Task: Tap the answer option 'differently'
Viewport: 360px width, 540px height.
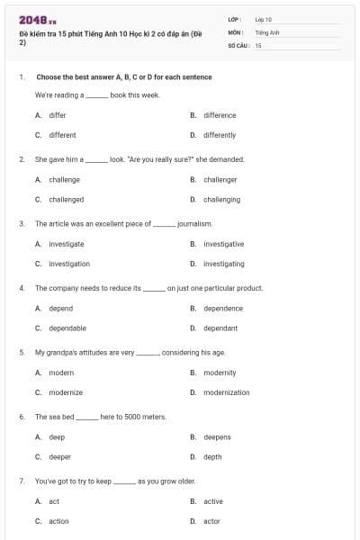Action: click(219, 135)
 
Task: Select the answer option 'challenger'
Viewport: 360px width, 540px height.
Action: click(220, 179)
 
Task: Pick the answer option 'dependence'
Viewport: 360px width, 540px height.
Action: click(222, 309)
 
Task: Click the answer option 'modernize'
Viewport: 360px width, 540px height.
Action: click(65, 392)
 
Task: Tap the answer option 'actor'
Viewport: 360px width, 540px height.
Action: click(211, 521)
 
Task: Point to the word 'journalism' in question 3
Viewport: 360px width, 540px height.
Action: click(194, 223)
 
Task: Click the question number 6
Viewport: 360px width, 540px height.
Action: click(22, 417)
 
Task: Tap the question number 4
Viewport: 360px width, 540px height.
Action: click(22, 288)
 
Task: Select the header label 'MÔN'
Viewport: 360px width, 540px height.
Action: click(236, 31)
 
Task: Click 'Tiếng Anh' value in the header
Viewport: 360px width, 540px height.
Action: click(267, 31)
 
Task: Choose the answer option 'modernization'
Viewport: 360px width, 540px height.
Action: click(226, 392)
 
